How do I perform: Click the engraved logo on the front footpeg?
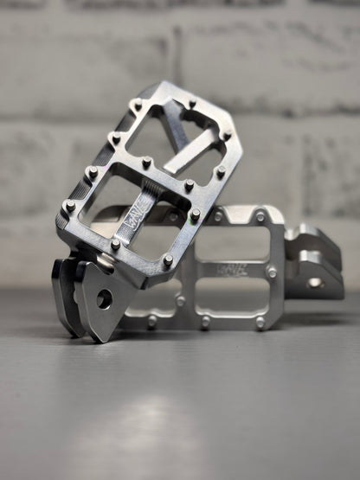(x=141, y=230)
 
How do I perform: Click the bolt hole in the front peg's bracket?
(x=104, y=299)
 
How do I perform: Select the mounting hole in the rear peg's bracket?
(x=313, y=282)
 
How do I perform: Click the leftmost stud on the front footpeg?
(x=69, y=206)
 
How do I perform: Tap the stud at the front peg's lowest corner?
(x=167, y=259)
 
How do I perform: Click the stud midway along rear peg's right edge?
(x=272, y=272)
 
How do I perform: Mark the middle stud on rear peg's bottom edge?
(x=206, y=322)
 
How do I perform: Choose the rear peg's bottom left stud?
(x=152, y=320)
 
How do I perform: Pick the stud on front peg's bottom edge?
(x=115, y=244)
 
